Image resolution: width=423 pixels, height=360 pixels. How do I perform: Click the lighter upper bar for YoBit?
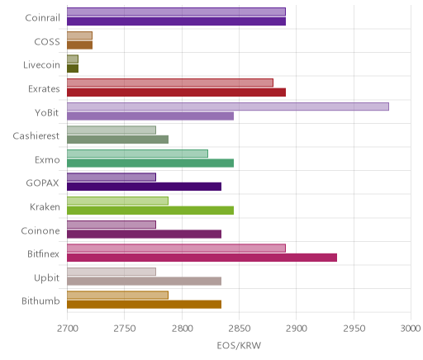click(x=228, y=107)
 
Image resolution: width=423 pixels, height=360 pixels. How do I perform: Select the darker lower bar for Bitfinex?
click(x=202, y=258)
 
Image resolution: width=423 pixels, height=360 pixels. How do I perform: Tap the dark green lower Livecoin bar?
click(x=73, y=69)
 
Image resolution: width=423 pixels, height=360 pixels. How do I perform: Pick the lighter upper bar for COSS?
click(x=79, y=36)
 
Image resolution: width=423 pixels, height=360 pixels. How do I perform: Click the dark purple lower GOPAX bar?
click(x=144, y=187)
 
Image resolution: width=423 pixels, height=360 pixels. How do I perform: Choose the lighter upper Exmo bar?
click(x=137, y=154)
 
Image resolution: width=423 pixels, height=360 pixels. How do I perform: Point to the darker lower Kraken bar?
click(x=150, y=211)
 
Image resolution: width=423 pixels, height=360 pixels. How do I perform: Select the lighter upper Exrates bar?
click(x=170, y=83)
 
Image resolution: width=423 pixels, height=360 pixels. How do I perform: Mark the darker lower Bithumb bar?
click(x=144, y=305)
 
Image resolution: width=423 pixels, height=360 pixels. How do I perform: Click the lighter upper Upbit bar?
click(x=112, y=272)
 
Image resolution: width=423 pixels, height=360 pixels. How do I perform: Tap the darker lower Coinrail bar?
click(x=176, y=21)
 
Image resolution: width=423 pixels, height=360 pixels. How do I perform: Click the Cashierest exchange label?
click(x=36, y=136)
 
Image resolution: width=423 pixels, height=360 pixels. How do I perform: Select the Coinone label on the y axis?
click(x=40, y=230)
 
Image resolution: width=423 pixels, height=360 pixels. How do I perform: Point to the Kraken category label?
click(x=45, y=206)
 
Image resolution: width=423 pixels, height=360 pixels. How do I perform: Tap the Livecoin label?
click(x=41, y=65)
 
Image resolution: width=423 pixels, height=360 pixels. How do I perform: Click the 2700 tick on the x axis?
click(x=68, y=329)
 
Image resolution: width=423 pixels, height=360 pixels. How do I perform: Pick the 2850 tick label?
click(x=240, y=329)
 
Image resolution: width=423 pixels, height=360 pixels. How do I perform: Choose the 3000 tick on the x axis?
click(x=411, y=329)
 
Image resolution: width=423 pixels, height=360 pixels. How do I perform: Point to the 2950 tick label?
click(x=354, y=329)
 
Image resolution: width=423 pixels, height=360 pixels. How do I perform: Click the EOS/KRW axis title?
click(x=239, y=345)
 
